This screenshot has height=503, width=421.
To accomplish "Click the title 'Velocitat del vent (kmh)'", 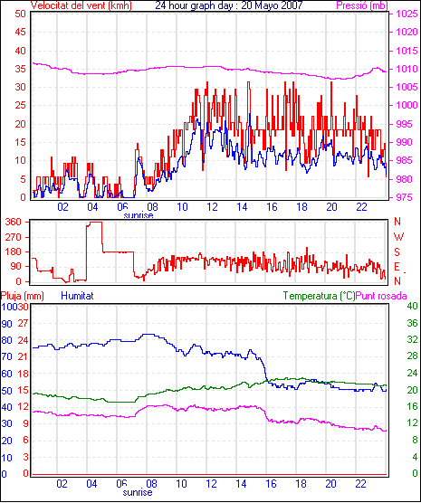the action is tap(81, 5).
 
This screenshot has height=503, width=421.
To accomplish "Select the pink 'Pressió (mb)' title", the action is tap(362, 5).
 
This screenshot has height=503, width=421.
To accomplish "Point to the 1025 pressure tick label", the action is tap(407, 14).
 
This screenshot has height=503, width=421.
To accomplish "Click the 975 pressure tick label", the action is tap(407, 197).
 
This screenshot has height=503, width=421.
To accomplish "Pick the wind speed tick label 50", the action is tap(20, 14).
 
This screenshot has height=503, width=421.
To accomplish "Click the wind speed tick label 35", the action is tap(20, 69).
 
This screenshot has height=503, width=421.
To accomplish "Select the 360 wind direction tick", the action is tap(14, 222).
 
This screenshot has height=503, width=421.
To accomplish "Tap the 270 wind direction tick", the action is tap(14, 237).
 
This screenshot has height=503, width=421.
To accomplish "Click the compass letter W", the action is tap(398, 237).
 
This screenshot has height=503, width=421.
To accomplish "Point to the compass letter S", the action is tap(397, 252).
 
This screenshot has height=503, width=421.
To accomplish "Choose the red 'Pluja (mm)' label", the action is tap(23, 296).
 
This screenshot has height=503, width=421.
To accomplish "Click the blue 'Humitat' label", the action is tap(77, 296).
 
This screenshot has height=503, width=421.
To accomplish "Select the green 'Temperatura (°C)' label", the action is tap(320, 296).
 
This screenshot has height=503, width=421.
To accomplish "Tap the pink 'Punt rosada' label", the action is tap(381, 296).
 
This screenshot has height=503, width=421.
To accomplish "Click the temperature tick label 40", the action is tap(412, 306).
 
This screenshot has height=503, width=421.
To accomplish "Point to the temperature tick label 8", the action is tap(415, 440).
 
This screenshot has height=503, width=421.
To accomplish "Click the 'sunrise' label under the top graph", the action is tap(139, 215).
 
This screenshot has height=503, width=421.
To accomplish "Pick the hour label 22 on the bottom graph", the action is tap(361, 483).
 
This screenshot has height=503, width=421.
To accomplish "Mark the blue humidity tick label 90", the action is tap(6, 324).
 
